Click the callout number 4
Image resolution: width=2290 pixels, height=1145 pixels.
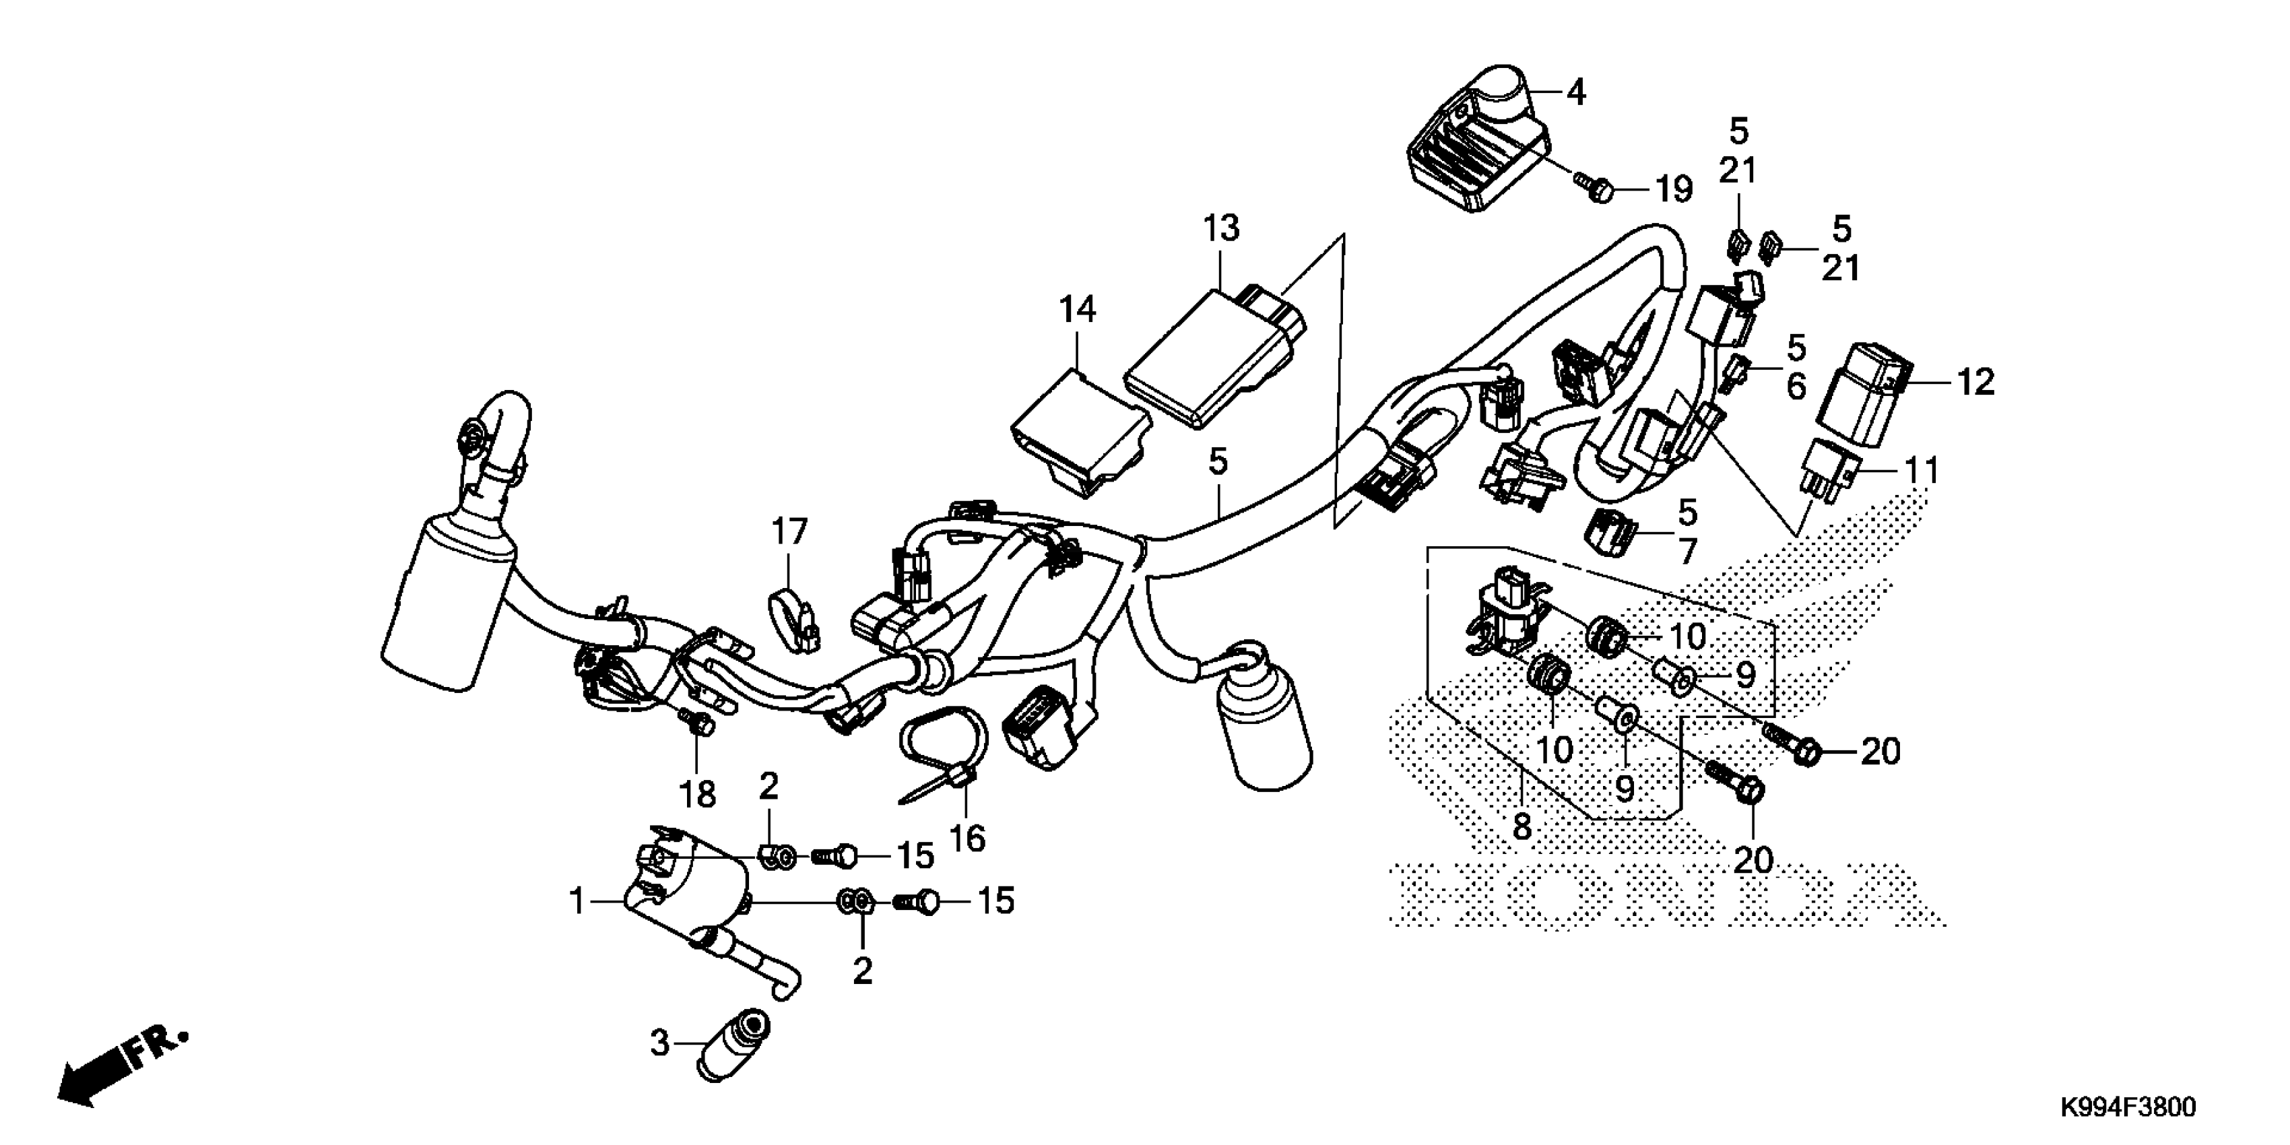pyautogui.click(x=1575, y=92)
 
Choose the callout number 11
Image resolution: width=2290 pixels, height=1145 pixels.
pyautogui.click(x=1921, y=469)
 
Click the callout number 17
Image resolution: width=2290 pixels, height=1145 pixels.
pyautogui.click(x=789, y=531)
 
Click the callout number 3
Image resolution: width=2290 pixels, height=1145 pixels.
pyautogui.click(x=659, y=1043)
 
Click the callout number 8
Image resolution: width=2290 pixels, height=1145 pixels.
pyautogui.click(x=1522, y=826)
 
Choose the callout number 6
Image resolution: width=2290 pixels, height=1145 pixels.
pyautogui.click(x=1796, y=387)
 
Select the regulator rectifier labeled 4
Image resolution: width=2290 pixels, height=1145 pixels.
pyautogui.click(x=1480, y=147)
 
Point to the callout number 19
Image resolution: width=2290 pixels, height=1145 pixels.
pyautogui.click(x=1672, y=189)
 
